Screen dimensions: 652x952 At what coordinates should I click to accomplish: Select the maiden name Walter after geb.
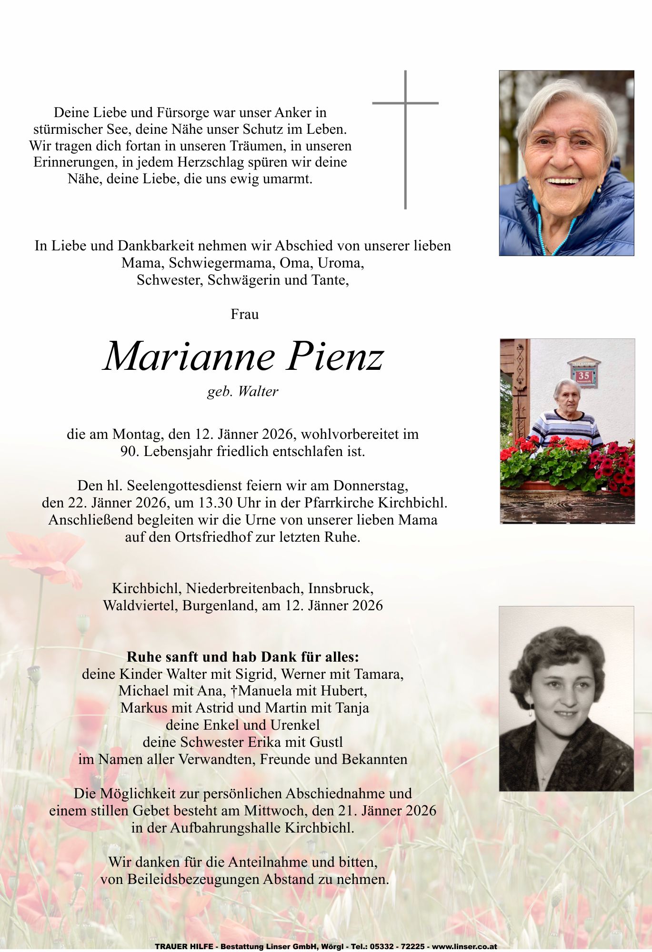click(x=258, y=391)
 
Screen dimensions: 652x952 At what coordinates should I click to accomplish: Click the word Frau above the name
click(x=244, y=314)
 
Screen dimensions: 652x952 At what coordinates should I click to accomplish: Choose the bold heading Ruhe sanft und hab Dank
click(x=242, y=657)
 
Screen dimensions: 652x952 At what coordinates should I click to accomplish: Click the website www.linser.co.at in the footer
click(x=464, y=947)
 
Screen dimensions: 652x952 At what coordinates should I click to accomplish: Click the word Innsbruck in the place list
click(x=341, y=588)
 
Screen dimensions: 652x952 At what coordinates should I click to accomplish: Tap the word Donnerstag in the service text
click(x=370, y=486)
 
